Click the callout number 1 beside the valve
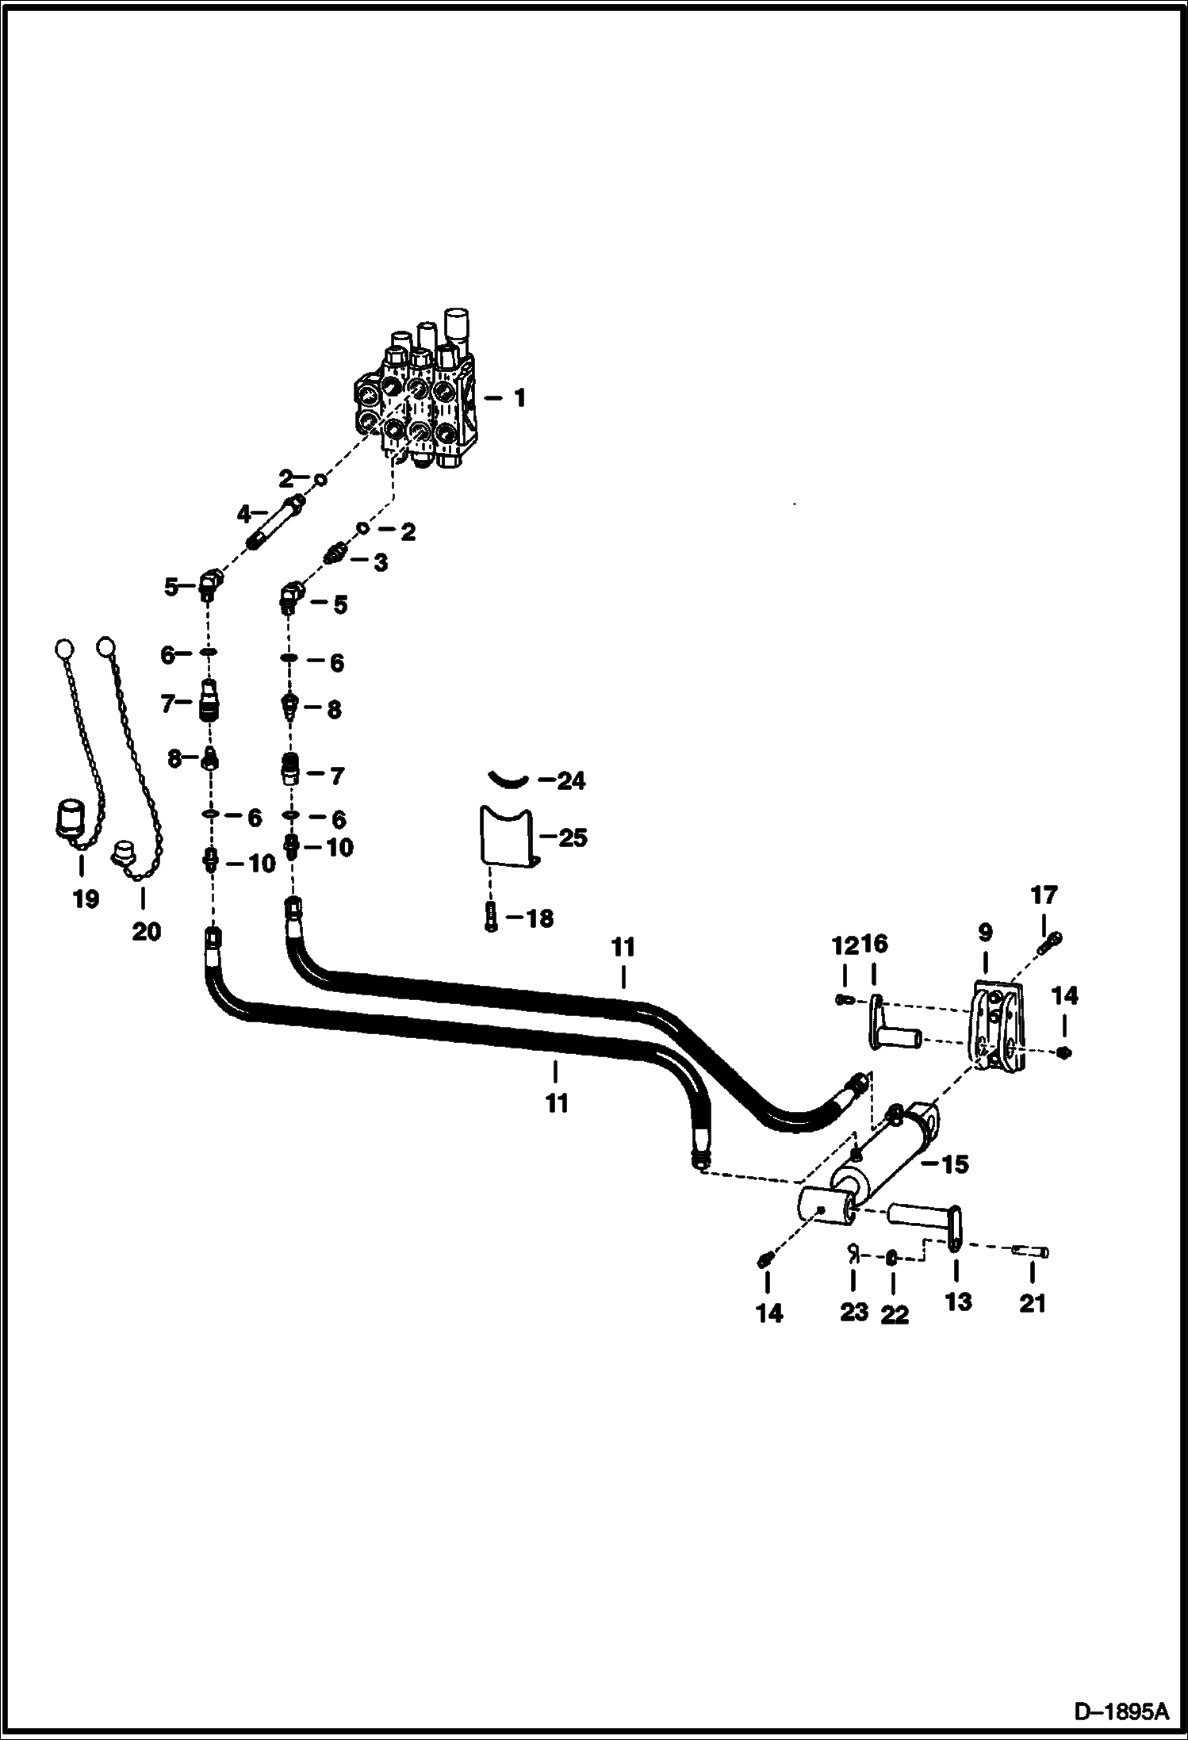(x=519, y=398)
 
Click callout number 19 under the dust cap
(x=86, y=899)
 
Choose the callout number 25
(x=573, y=837)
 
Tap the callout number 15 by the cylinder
(x=955, y=1164)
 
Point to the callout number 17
(x=1044, y=895)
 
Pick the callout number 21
(x=1032, y=1303)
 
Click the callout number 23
(x=854, y=1312)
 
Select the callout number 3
(x=381, y=563)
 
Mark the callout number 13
(x=958, y=1301)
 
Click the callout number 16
(x=876, y=945)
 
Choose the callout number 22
(x=895, y=1314)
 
